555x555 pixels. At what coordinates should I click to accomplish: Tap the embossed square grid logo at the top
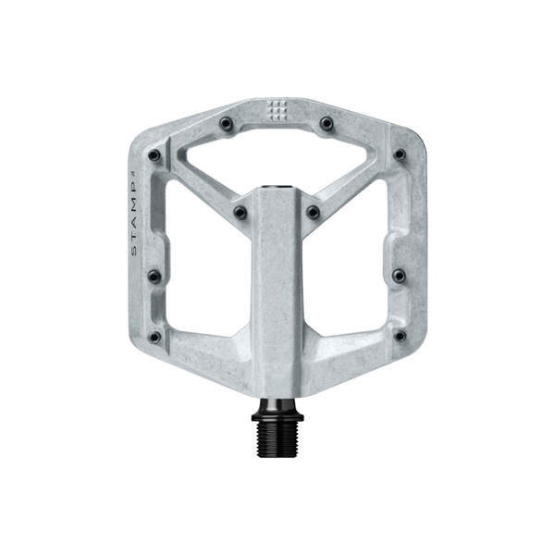[277, 112]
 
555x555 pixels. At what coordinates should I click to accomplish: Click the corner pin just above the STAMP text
[154, 155]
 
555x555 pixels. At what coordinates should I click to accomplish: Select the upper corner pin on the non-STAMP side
[400, 155]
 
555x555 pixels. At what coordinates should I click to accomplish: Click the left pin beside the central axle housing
[240, 212]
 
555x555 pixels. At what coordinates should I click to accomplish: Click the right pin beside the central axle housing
[314, 212]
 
